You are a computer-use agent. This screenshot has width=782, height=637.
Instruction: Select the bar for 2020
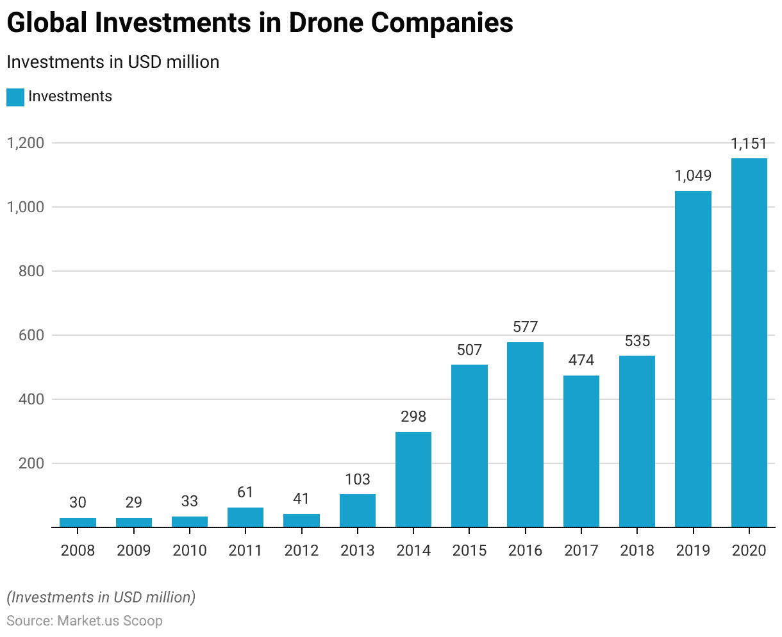(x=749, y=343)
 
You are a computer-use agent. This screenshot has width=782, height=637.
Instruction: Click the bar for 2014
(x=413, y=479)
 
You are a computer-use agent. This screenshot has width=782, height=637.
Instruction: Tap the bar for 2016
(x=525, y=434)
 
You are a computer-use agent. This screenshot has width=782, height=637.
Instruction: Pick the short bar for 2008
(x=78, y=522)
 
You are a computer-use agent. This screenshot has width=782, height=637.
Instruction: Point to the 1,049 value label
(x=693, y=176)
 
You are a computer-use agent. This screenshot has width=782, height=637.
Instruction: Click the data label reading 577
(x=525, y=327)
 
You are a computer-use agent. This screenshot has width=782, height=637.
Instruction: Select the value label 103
(x=358, y=479)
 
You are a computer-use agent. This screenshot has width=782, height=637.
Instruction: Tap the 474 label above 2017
(x=581, y=360)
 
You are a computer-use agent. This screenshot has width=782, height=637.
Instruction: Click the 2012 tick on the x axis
(x=301, y=550)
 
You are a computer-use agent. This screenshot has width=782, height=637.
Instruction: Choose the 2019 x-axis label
(x=693, y=550)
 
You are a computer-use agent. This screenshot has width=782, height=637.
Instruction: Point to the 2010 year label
(x=190, y=550)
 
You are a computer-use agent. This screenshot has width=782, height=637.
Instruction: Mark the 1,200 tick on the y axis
(x=25, y=143)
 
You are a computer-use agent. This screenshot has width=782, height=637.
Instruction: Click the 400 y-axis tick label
(x=30, y=399)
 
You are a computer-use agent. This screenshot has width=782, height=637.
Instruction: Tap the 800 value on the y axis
(x=30, y=271)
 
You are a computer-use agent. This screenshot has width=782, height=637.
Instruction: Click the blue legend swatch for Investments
(x=15, y=97)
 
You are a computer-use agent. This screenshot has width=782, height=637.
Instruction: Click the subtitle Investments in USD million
(x=113, y=62)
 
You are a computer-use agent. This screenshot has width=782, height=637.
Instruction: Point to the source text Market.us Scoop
(x=110, y=621)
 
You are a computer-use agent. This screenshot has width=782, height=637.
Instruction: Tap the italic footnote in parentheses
(x=101, y=597)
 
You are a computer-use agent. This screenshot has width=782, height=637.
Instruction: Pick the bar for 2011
(x=245, y=517)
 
